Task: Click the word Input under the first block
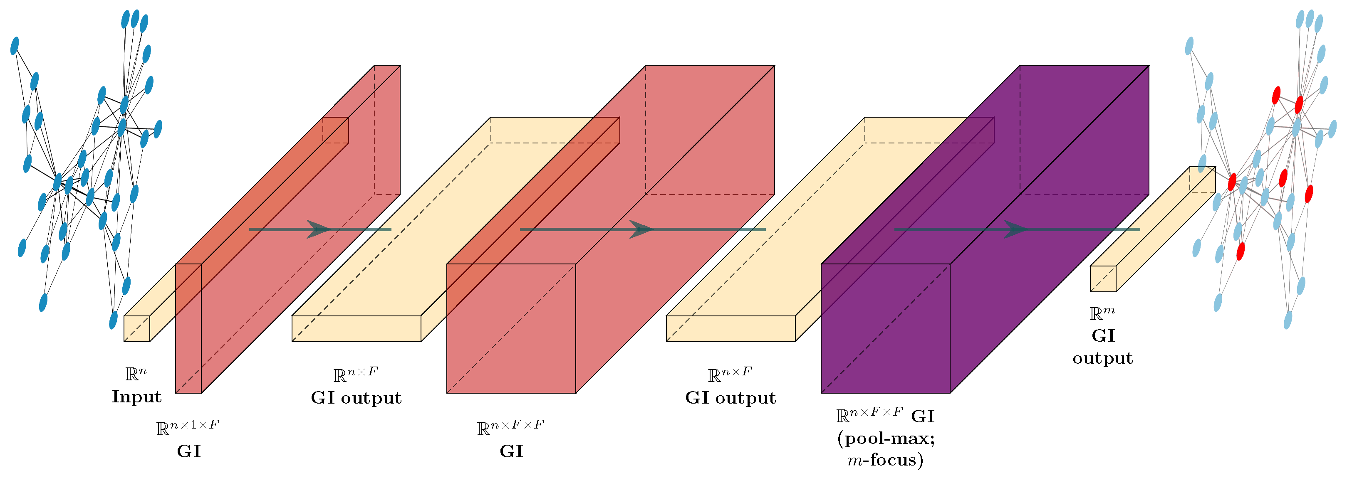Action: click(x=136, y=397)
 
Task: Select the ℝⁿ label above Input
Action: click(x=136, y=374)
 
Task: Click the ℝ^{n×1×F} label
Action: click(x=188, y=427)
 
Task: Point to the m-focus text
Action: click(x=885, y=460)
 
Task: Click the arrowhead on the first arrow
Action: click(x=318, y=229)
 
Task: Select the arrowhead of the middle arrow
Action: click(x=641, y=229)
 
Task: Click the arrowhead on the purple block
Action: click(x=1015, y=229)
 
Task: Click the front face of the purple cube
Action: click(x=885, y=328)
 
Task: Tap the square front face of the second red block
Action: click(x=511, y=328)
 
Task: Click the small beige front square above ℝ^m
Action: click(x=1103, y=278)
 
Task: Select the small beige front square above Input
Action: click(x=136, y=329)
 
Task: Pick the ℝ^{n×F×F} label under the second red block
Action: click(x=510, y=427)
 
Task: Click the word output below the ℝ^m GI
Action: click(x=1102, y=358)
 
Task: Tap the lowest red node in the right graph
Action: click(x=1241, y=251)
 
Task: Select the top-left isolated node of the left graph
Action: click(x=15, y=46)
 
